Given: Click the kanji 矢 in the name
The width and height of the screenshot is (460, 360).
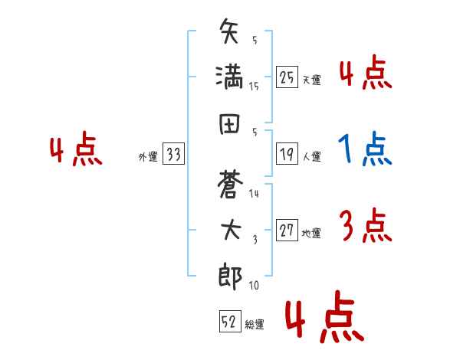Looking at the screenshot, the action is pyautogui.click(x=228, y=31).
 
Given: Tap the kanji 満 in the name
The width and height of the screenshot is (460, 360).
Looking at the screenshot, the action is pyautogui.click(x=229, y=77).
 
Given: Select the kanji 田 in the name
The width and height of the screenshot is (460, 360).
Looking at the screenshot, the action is pyautogui.click(x=229, y=124).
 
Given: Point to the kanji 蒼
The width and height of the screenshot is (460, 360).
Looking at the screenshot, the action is pyautogui.click(x=230, y=184).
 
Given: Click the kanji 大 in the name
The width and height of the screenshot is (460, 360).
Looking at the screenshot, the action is pyautogui.click(x=231, y=230).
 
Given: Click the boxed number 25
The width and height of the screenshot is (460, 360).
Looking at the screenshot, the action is pyautogui.click(x=287, y=77).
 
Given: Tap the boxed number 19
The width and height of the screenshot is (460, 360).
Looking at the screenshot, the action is pyautogui.click(x=287, y=154).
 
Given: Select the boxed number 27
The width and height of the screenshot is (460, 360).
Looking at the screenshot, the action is pyautogui.click(x=287, y=230).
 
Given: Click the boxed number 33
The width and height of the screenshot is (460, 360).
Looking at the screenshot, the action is pyautogui.click(x=173, y=153).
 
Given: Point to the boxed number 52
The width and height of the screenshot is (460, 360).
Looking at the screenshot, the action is pyautogui.click(x=230, y=321).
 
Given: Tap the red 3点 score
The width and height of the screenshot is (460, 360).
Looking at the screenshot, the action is pyautogui.click(x=366, y=225).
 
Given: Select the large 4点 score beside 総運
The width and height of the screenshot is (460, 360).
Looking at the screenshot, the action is pyautogui.click(x=324, y=316).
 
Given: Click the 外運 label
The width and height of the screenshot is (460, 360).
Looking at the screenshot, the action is pyautogui.click(x=148, y=157).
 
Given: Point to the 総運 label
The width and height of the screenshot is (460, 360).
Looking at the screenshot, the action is pyautogui.click(x=255, y=325).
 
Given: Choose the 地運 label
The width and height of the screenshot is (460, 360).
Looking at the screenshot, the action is pyautogui.click(x=311, y=234).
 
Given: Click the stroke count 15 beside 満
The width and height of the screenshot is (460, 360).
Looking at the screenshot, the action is pyautogui.click(x=254, y=87).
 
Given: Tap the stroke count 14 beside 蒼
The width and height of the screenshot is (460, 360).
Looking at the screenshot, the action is pyautogui.click(x=254, y=194).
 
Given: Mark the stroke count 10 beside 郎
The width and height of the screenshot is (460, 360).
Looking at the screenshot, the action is pyautogui.click(x=254, y=285).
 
